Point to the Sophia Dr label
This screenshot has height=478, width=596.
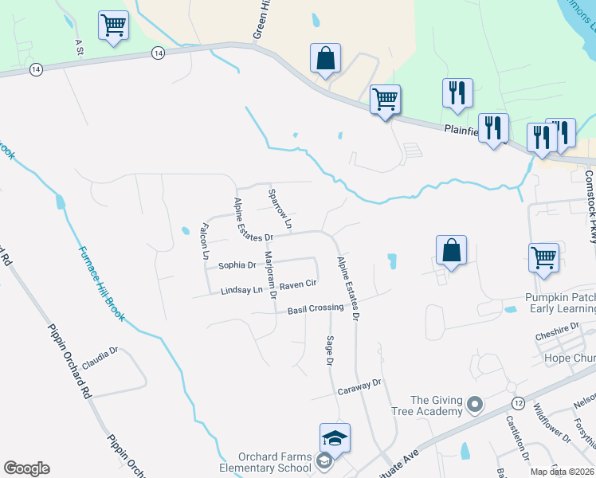(236, 264)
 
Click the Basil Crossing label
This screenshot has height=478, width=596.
(315, 309)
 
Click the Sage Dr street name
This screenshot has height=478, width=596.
(329, 351)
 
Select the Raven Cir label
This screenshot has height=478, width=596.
(299, 284)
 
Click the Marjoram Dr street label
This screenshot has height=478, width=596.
(269, 276)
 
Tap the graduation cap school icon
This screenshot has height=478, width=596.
(335, 437)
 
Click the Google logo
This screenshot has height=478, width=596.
(26, 468)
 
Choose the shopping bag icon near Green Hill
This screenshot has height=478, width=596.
(325, 59)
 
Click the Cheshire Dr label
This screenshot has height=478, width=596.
(557, 328)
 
